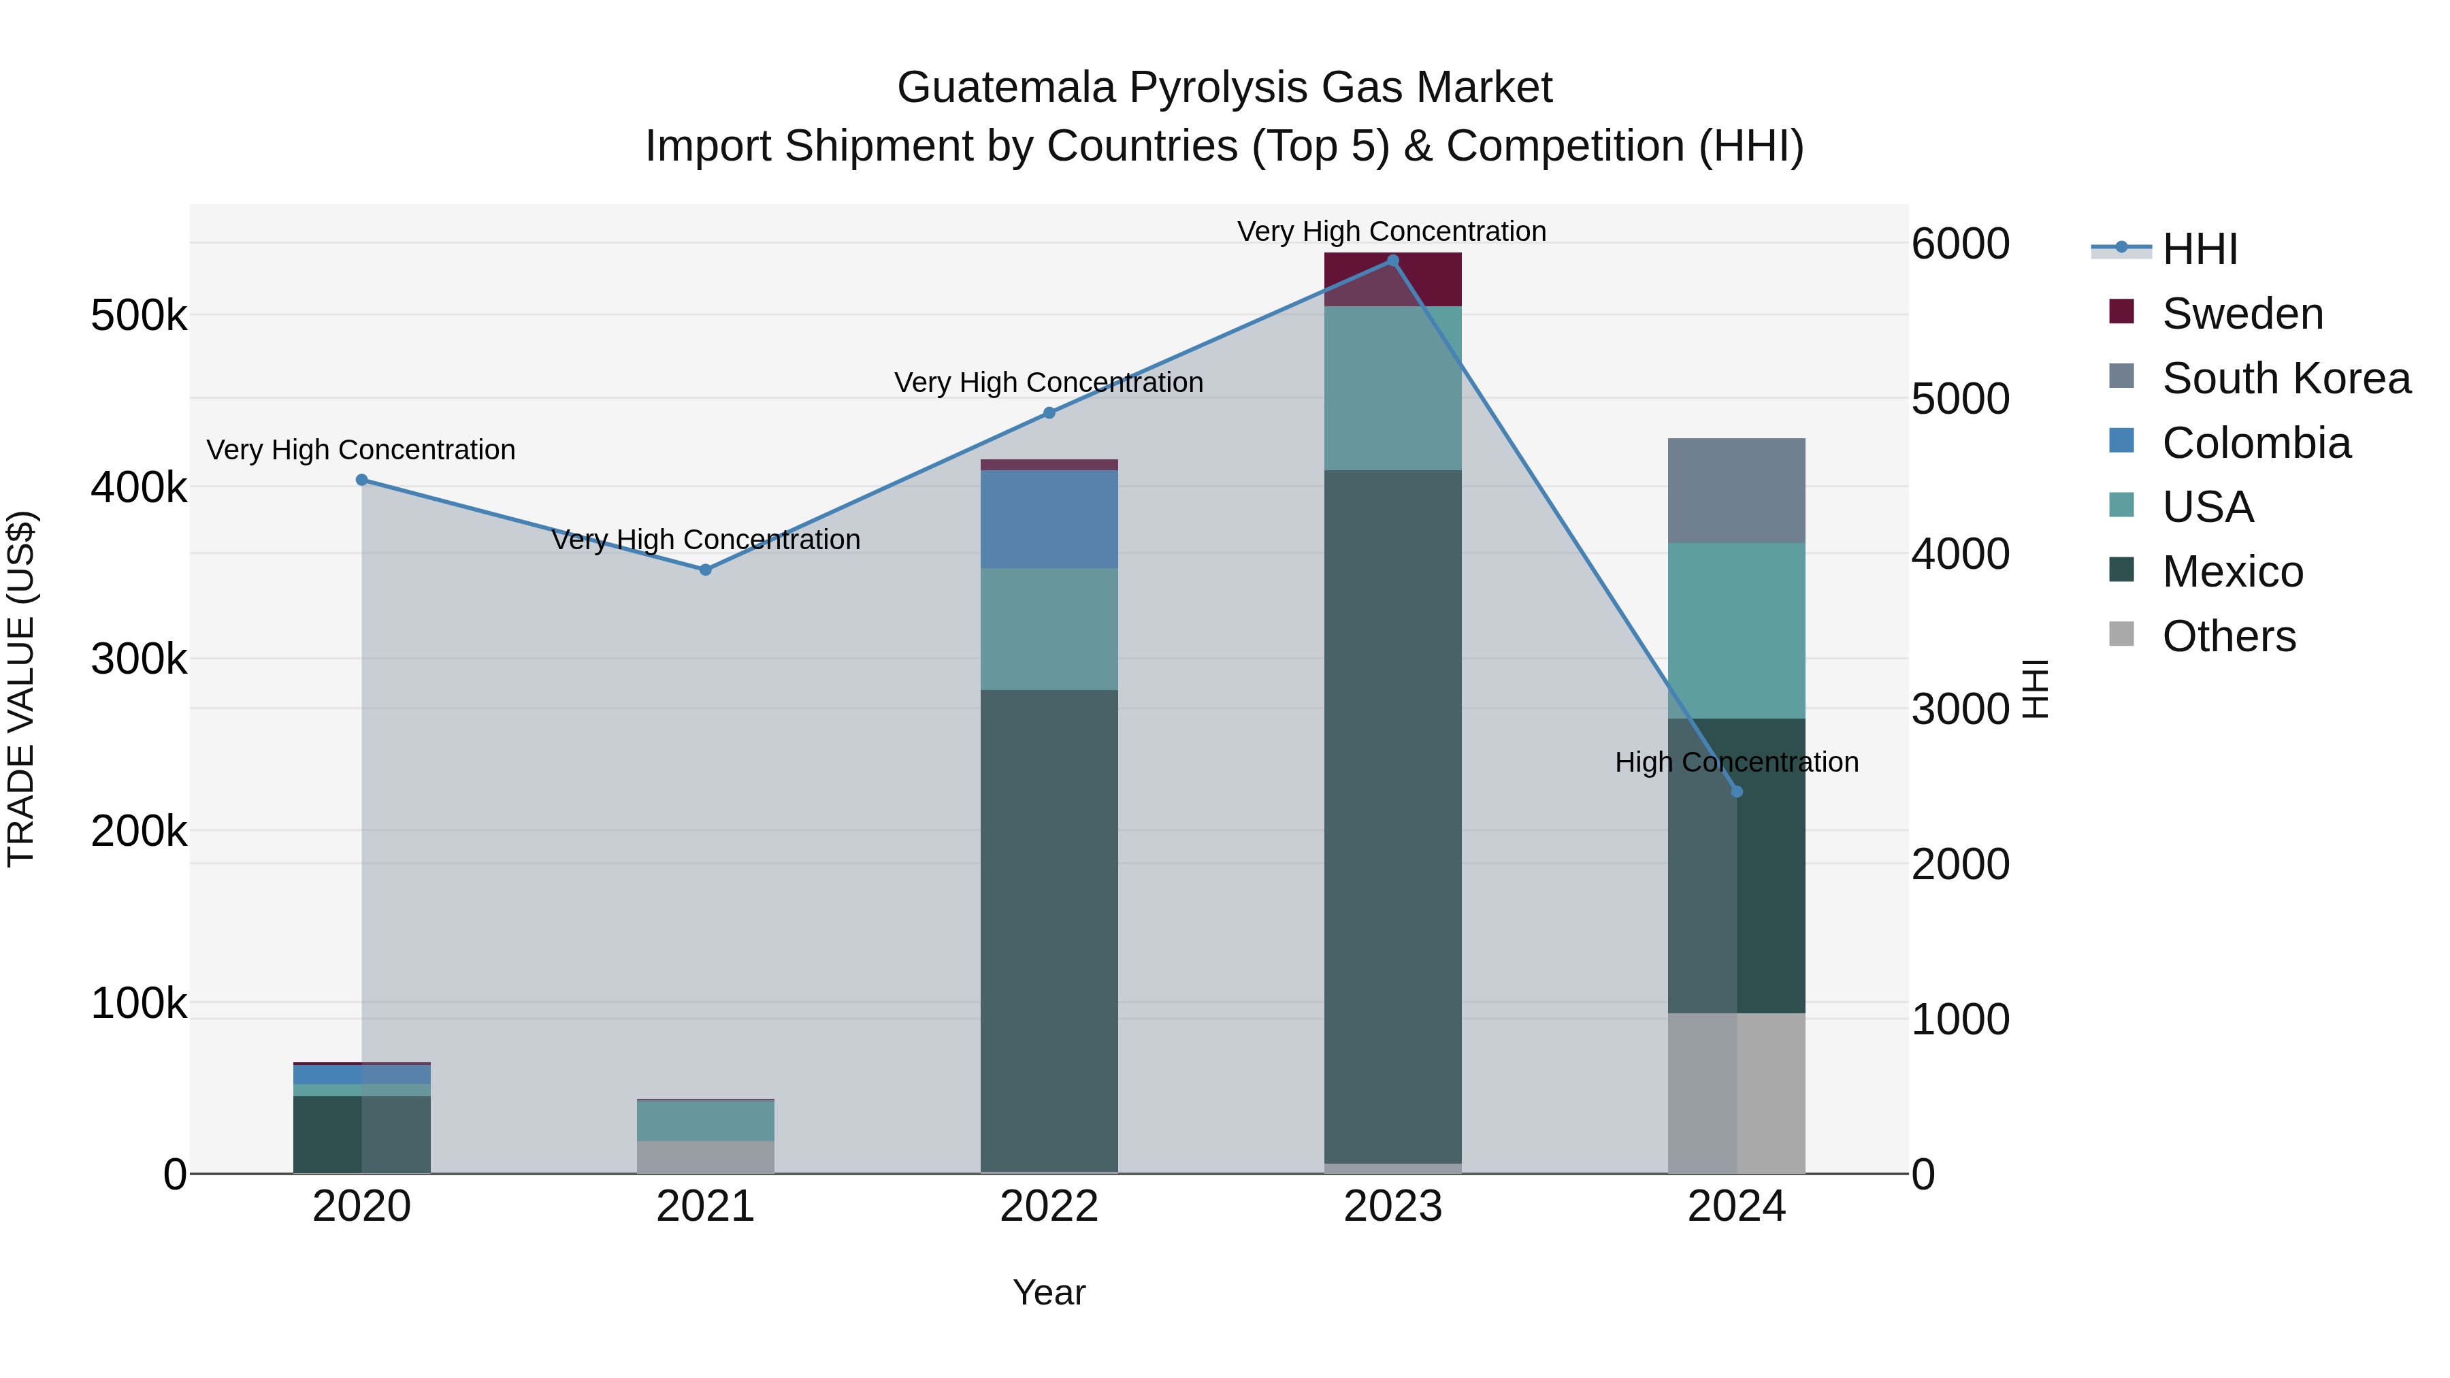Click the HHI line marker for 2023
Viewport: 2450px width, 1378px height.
click(x=1392, y=261)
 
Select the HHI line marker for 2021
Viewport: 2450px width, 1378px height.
click(x=706, y=570)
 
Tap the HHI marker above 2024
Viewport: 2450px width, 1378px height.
click(x=1737, y=791)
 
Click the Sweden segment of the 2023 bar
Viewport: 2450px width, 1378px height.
click(x=1392, y=278)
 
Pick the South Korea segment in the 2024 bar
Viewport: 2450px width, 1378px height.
click(x=1737, y=491)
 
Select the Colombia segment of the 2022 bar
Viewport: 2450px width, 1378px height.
click(x=1049, y=519)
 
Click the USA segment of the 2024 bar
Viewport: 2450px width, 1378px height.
click(x=1737, y=631)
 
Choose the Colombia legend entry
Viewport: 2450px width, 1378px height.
click(x=2256, y=443)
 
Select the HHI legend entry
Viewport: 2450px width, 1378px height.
click(x=2199, y=249)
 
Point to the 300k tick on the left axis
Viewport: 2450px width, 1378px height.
click(x=139, y=658)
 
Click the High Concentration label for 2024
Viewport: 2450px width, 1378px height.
click(x=1737, y=761)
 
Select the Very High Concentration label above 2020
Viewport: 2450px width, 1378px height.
click(x=361, y=450)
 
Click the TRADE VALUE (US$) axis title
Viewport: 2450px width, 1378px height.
click(x=21, y=689)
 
